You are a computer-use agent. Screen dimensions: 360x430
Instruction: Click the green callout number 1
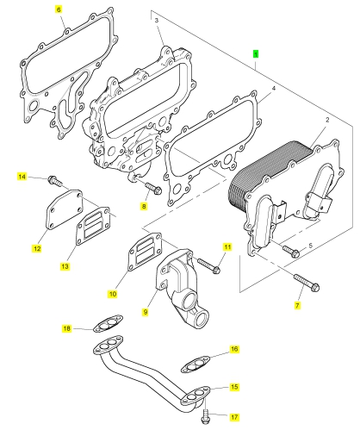[256, 53]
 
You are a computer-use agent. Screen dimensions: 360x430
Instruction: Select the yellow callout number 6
[59, 9]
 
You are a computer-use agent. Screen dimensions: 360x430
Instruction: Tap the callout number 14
[22, 177]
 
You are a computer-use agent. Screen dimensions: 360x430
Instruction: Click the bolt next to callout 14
[55, 181]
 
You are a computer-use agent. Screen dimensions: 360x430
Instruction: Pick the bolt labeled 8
[154, 188]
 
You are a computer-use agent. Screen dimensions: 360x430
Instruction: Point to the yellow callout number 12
[37, 248]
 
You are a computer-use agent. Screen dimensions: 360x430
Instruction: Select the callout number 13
[65, 266]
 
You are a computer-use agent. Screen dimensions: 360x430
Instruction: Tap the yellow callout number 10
[113, 294]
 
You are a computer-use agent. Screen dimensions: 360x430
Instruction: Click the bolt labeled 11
[208, 265]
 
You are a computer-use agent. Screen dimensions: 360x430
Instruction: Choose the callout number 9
[146, 312]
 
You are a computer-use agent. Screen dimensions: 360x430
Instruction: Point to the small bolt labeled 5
[291, 252]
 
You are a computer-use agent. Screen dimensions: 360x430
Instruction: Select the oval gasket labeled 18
[109, 324]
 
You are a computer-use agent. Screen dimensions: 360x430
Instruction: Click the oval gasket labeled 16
[196, 365]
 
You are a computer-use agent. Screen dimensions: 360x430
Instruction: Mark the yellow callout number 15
[234, 387]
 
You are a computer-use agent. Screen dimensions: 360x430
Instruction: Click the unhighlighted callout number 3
[157, 20]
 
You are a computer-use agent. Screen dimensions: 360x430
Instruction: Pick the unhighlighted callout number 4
[274, 89]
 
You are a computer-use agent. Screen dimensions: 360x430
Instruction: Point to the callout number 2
[327, 120]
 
